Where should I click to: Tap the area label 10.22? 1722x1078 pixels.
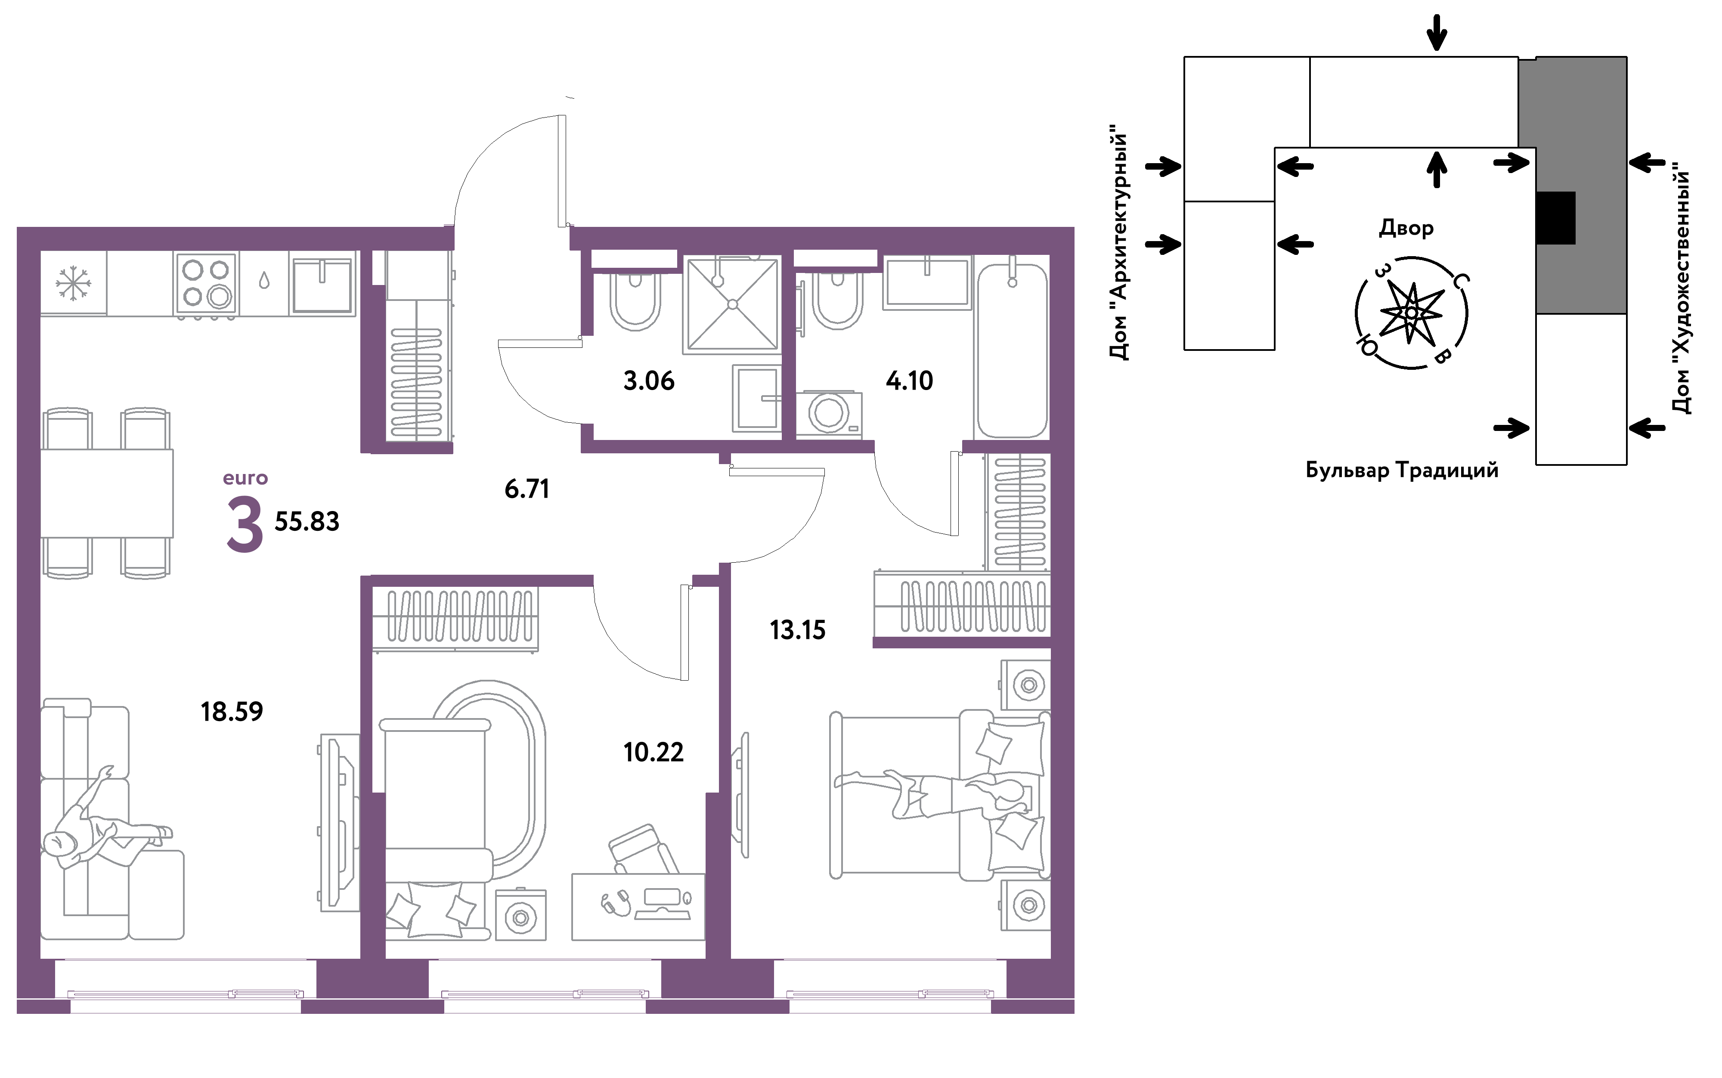tap(653, 752)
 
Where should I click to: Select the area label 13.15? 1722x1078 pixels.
tap(798, 630)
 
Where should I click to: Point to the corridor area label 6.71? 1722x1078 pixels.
tap(527, 489)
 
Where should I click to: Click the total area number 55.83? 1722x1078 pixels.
tap(307, 522)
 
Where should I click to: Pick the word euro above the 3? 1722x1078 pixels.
tap(245, 478)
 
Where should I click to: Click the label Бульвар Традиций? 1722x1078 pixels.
tap(1402, 471)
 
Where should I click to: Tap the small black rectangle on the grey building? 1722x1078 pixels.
tap(1555, 218)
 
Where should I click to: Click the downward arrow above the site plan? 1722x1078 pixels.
tap(1437, 33)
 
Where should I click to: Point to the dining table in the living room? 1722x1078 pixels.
tap(107, 493)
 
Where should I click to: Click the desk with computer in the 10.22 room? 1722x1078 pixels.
tap(638, 907)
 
